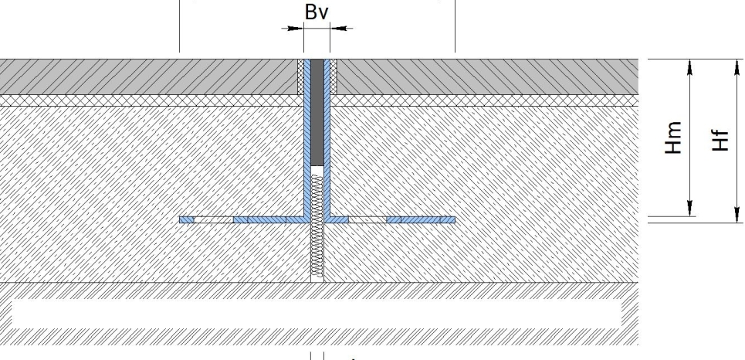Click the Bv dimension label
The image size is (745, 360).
(317, 12)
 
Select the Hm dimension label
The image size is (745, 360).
(673, 138)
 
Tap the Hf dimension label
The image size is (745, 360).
(720, 141)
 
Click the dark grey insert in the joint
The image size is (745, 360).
(317, 112)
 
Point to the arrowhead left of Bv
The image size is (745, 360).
(296, 29)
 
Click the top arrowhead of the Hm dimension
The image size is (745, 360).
(690, 67)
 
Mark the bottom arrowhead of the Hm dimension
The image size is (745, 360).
(690, 208)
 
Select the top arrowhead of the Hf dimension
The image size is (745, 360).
(737, 67)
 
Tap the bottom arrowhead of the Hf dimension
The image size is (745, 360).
(737, 214)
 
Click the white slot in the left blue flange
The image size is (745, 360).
(214, 219)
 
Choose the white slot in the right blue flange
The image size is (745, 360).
(367, 219)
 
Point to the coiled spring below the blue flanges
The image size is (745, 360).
(317, 226)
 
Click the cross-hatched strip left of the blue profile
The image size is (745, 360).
(301, 76)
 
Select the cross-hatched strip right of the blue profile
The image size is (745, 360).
(334, 76)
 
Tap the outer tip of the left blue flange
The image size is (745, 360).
(180, 219)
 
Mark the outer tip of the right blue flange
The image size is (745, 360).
(455, 219)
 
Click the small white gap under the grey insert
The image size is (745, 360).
(317, 170)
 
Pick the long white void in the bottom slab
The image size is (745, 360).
(317, 314)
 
